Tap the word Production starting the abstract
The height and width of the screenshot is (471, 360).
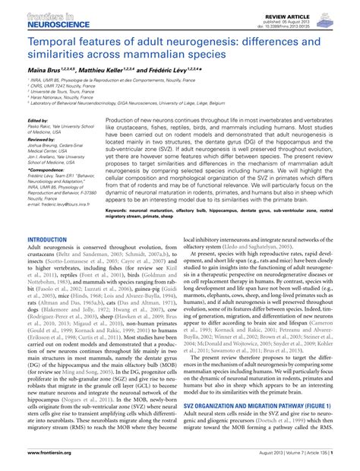click(x=124, y=121)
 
